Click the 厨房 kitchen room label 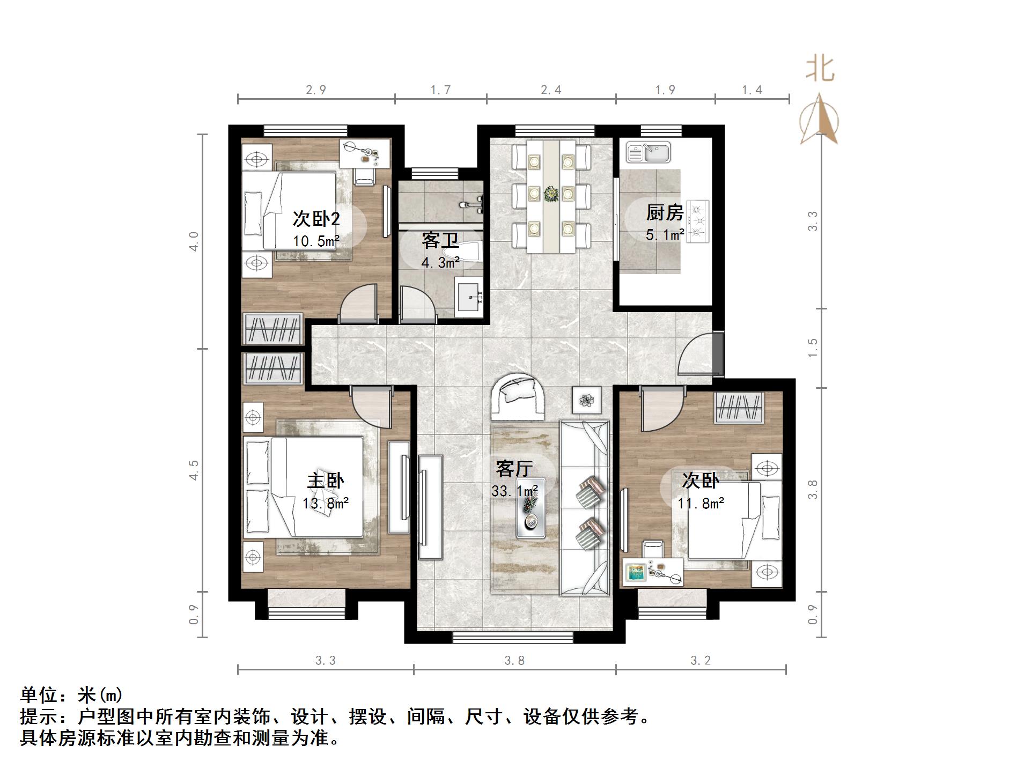[x=664, y=213]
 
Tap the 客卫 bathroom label [x=440, y=240]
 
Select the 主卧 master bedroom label [x=326, y=481]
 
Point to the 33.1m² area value [x=514, y=491]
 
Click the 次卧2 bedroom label [x=316, y=219]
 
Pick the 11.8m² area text [x=701, y=504]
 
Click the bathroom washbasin [x=470, y=297]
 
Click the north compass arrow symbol [x=819, y=120]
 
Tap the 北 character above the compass [x=820, y=70]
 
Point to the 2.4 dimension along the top [x=551, y=90]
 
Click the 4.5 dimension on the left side [x=194, y=470]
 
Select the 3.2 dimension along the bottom [x=701, y=661]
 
